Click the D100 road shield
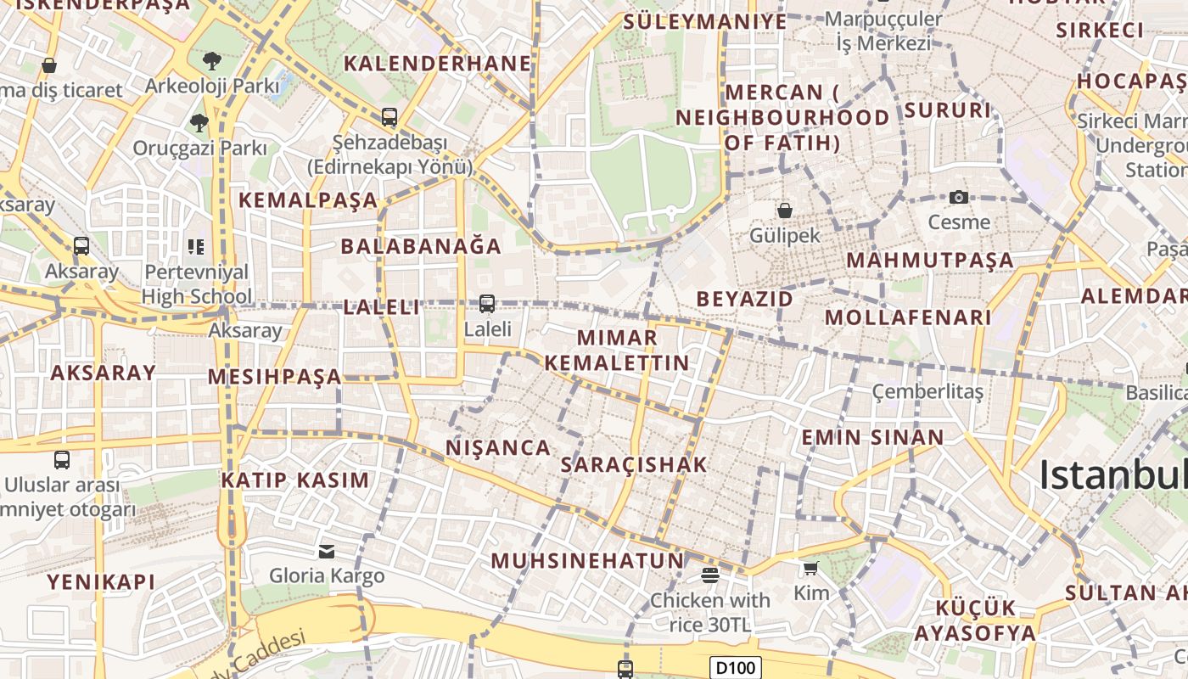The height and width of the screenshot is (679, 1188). pos(735,668)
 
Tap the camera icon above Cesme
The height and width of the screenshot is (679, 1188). pos(959,198)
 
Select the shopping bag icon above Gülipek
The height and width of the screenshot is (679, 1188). pos(785,210)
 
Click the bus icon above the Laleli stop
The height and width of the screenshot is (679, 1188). pos(487,304)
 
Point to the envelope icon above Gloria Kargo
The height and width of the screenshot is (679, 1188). pos(327,552)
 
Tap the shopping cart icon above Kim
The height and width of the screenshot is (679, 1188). pos(811,568)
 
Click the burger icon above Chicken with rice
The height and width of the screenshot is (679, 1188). pos(710,575)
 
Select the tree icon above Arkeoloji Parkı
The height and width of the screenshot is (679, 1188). pos(211,61)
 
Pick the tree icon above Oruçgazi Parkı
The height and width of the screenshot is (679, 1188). pos(199,123)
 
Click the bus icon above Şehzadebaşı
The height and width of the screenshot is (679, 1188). pos(389,117)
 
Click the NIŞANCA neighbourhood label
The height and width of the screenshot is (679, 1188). pos(498,447)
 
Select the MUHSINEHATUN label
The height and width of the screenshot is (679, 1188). pos(587,560)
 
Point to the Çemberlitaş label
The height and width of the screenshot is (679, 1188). pos(927,391)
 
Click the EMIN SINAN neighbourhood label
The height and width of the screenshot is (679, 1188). pos(872,438)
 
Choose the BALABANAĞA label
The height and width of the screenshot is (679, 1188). pos(421,247)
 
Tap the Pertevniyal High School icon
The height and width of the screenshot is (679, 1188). pos(196,247)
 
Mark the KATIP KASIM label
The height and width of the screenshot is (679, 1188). pos(295,480)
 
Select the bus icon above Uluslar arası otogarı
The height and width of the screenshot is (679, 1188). pos(62,460)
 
